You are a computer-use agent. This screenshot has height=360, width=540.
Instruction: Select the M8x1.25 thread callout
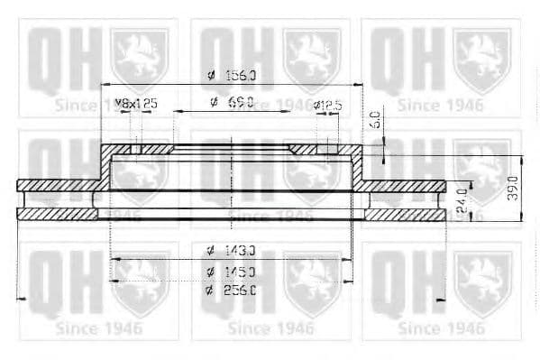coord(135,104)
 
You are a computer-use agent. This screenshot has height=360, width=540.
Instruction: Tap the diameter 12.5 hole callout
coord(327,105)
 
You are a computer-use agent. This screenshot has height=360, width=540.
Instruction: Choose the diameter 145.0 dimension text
coord(231,271)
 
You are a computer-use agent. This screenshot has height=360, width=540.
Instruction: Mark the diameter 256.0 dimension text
coord(231,290)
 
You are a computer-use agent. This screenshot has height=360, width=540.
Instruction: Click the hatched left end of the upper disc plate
coord(54,186)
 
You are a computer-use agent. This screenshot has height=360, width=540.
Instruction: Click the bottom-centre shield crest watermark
coord(311,282)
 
